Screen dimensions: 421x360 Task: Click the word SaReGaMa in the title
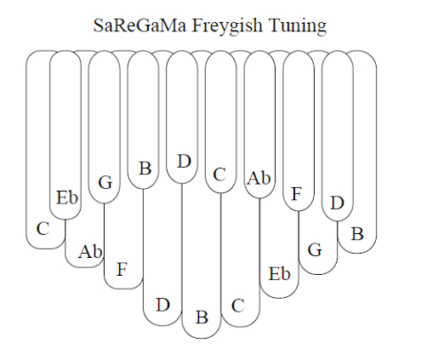[140, 25]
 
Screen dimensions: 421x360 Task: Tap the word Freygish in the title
[227, 26]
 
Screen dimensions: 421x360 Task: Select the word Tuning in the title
[298, 26]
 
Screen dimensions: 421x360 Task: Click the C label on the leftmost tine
[43, 228]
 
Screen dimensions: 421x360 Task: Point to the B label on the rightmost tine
[357, 234]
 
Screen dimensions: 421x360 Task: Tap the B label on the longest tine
[202, 317]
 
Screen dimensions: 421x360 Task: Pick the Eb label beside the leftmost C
[67, 197]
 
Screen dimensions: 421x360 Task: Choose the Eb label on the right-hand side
[279, 274]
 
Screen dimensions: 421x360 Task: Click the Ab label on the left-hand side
[90, 251]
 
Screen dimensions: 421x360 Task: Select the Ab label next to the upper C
[259, 178]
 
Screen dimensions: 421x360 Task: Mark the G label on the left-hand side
[105, 182]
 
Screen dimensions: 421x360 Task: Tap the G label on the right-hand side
[315, 250]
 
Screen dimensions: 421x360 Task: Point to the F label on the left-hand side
[122, 269]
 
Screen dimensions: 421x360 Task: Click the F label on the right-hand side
[296, 194]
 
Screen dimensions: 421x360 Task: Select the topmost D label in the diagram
[185, 162]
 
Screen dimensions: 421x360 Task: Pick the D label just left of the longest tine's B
[162, 305]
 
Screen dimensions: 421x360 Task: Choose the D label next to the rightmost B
[338, 203]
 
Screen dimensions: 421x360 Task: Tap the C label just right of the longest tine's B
[237, 306]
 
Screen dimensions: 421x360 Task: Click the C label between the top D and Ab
[219, 174]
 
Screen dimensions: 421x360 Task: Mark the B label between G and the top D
[145, 169]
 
